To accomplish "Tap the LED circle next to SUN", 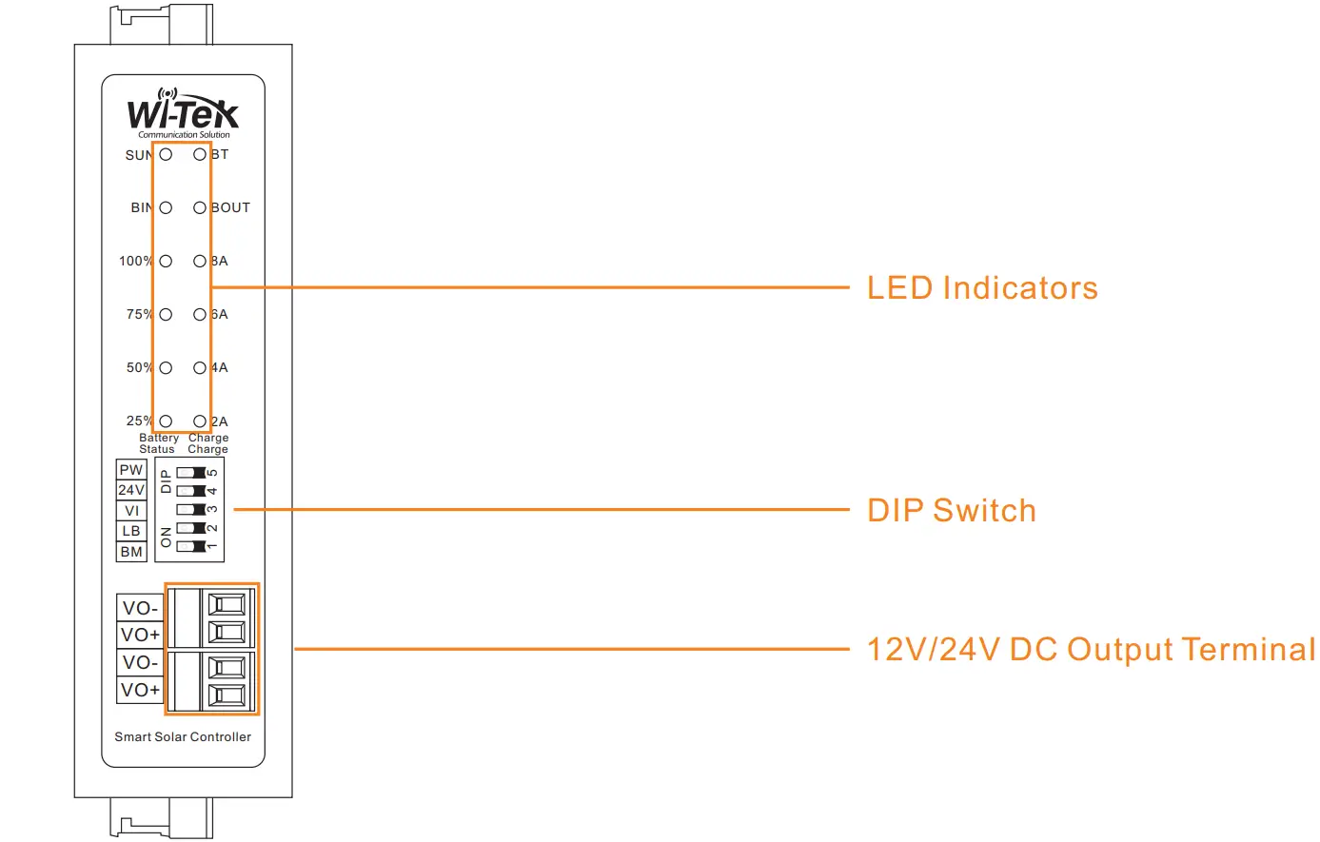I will coord(166,154).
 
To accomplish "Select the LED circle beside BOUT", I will coord(200,207).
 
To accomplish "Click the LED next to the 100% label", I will coord(166,261).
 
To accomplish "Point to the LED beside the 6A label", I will coord(200,314).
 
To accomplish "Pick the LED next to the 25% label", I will coord(166,421).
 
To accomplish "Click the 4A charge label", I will coord(220,367).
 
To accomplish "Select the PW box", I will coord(131,470).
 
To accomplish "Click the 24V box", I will coord(131,490).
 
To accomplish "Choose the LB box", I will coord(131,531).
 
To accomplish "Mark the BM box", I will coord(131,552).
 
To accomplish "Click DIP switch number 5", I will coord(191,472).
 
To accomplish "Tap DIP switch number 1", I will coord(191,546).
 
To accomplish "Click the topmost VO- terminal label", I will coord(140,608).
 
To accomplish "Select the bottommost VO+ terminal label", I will coord(140,690).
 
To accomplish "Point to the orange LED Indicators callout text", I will coord(982,287).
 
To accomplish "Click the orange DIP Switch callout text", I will coord(951,510).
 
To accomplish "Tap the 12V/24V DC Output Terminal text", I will coord(1091,649).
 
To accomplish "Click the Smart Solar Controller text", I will coord(183,736).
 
